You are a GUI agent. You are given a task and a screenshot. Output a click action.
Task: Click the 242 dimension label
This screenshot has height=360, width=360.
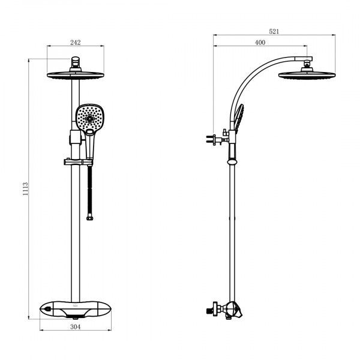click(76, 43)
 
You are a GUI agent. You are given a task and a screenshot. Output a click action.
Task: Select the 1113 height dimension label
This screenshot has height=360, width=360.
click(25, 189)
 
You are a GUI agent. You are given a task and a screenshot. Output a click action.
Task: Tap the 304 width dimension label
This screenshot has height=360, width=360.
click(76, 327)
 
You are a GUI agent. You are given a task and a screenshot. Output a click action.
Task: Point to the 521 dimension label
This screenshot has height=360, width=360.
click(274, 31)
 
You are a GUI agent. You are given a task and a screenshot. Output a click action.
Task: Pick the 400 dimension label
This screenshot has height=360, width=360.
click(260, 43)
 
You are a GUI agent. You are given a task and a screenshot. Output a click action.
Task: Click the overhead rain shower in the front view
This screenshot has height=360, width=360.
click(76, 76)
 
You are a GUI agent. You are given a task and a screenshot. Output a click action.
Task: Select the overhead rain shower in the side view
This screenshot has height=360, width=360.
click(307, 76)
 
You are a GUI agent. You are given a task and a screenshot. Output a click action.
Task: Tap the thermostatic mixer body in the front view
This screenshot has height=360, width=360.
click(76, 310)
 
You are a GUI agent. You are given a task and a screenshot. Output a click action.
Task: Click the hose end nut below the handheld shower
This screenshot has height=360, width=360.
click(90, 218)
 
